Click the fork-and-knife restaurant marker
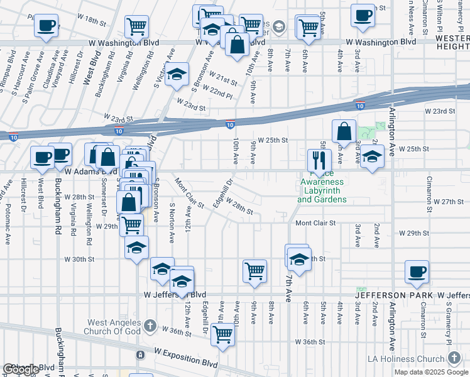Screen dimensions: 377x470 (319, 160)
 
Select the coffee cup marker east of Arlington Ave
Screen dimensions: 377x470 (417, 271)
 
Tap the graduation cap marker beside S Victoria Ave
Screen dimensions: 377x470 (178, 74)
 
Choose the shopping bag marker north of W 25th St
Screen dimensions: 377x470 (344, 132)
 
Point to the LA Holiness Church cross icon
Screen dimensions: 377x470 (454, 358)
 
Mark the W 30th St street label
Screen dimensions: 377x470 (79, 259)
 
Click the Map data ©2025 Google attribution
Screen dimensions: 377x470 (431, 372)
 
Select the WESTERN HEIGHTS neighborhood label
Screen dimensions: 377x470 (452, 42)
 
